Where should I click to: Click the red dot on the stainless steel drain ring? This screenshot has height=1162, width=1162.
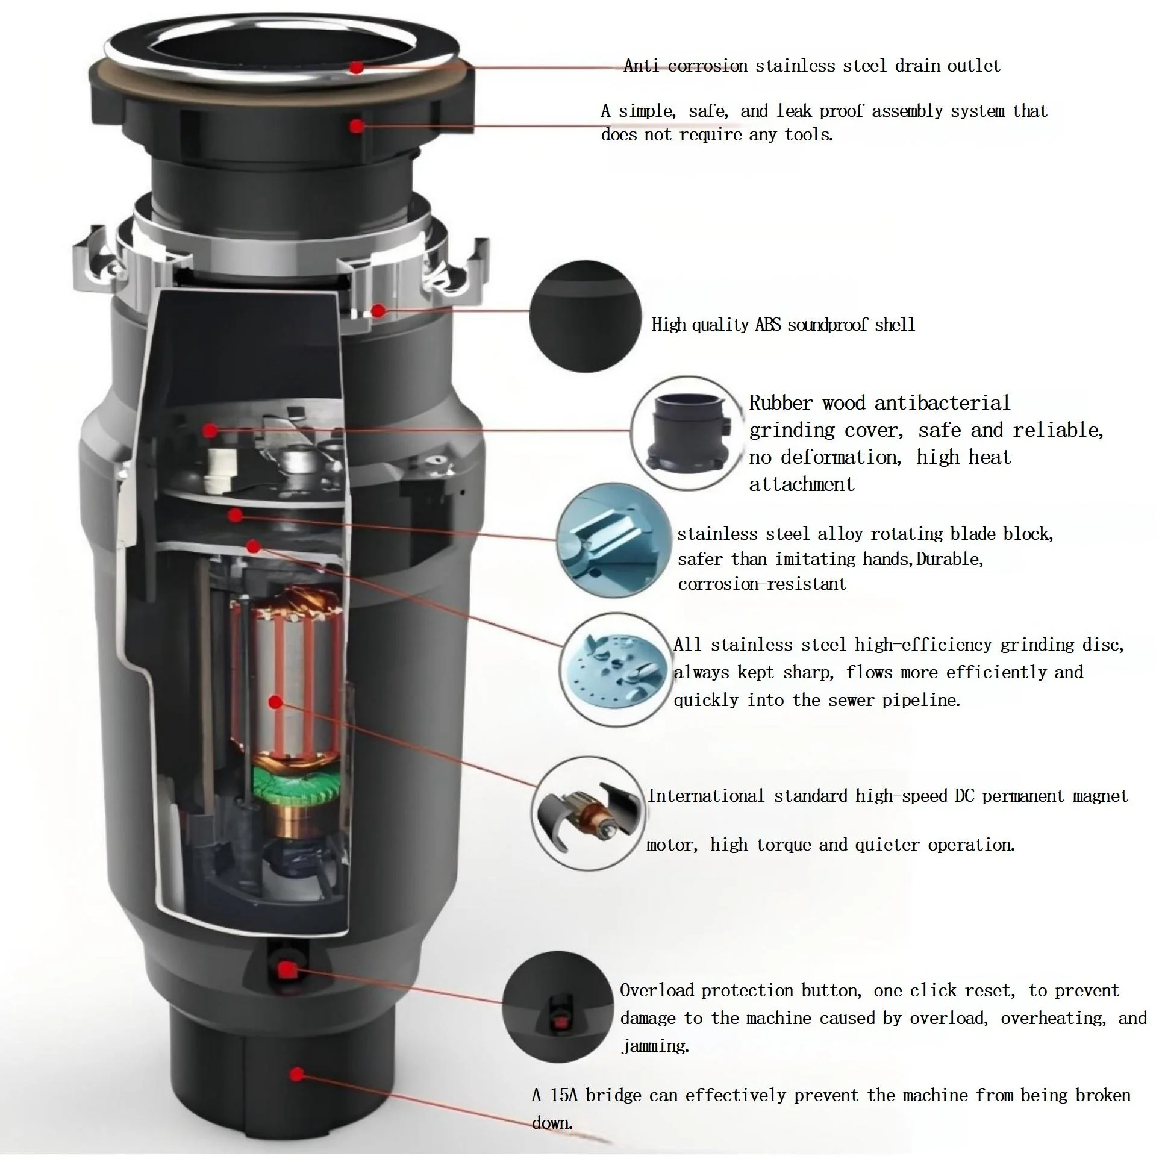pyautogui.click(x=357, y=67)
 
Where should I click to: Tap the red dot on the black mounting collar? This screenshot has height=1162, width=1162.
pyautogui.click(x=357, y=126)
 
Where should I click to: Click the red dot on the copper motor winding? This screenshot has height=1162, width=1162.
pyautogui.click(x=276, y=702)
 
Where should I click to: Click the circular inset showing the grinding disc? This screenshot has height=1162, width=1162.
pyautogui.click(x=618, y=670)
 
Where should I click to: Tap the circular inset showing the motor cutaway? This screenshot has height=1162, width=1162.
pyautogui.click(x=589, y=813)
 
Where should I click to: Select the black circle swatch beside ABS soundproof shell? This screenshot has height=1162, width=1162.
pyautogui.click(x=586, y=316)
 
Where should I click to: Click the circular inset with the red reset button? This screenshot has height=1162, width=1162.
pyautogui.click(x=558, y=1007)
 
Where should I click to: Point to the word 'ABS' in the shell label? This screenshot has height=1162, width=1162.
pyautogui.click(x=768, y=325)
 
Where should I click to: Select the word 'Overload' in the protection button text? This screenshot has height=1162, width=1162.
pyautogui.click(x=657, y=990)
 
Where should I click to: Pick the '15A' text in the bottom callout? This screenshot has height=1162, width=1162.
pyautogui.click(x=564, y=1095)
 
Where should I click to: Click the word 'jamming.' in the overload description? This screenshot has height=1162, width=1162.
pyautogui.click(x=655, y=1046)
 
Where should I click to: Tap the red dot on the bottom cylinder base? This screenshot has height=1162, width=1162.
pyautogui.click(x=296, y=1074)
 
